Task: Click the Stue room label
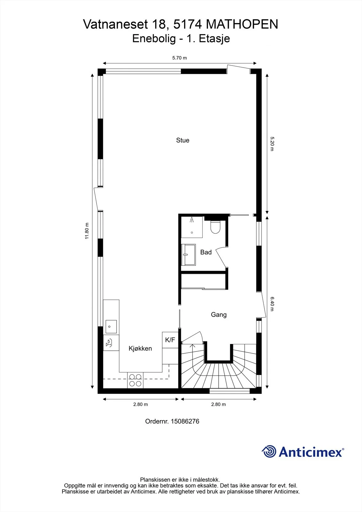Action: (x=182, y=140)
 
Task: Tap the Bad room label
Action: (x=206, y=252)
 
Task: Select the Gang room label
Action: (x=219, y=315)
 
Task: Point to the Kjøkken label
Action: (x=140, y=348)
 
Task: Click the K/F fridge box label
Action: (x=170, y=340)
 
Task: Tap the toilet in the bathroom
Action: (x=215, y=227)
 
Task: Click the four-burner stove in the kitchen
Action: (x=135, y=380)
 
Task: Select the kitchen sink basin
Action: (x=111, y=327)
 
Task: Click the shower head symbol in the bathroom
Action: (x=192, y=220)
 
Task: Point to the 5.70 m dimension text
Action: (x=180, y=58)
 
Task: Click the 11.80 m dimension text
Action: (x=87, y=231)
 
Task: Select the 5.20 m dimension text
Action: (x=272, y=144)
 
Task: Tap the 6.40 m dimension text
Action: (x=272, y=304)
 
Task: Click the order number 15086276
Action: (x=185, y=421)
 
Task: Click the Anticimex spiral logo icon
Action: (x=269, y=452)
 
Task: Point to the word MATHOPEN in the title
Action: (x=242, y=24)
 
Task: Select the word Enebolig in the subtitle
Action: (x=154, y=39)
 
